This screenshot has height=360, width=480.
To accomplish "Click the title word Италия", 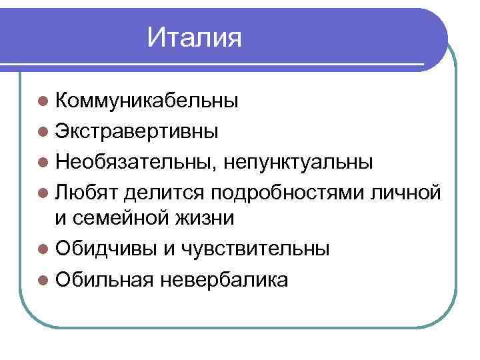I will (194, 37).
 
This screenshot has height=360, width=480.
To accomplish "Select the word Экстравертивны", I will (136, 131).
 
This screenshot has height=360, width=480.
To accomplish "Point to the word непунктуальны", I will (297, 161).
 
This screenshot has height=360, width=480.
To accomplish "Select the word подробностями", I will (287, 191).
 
